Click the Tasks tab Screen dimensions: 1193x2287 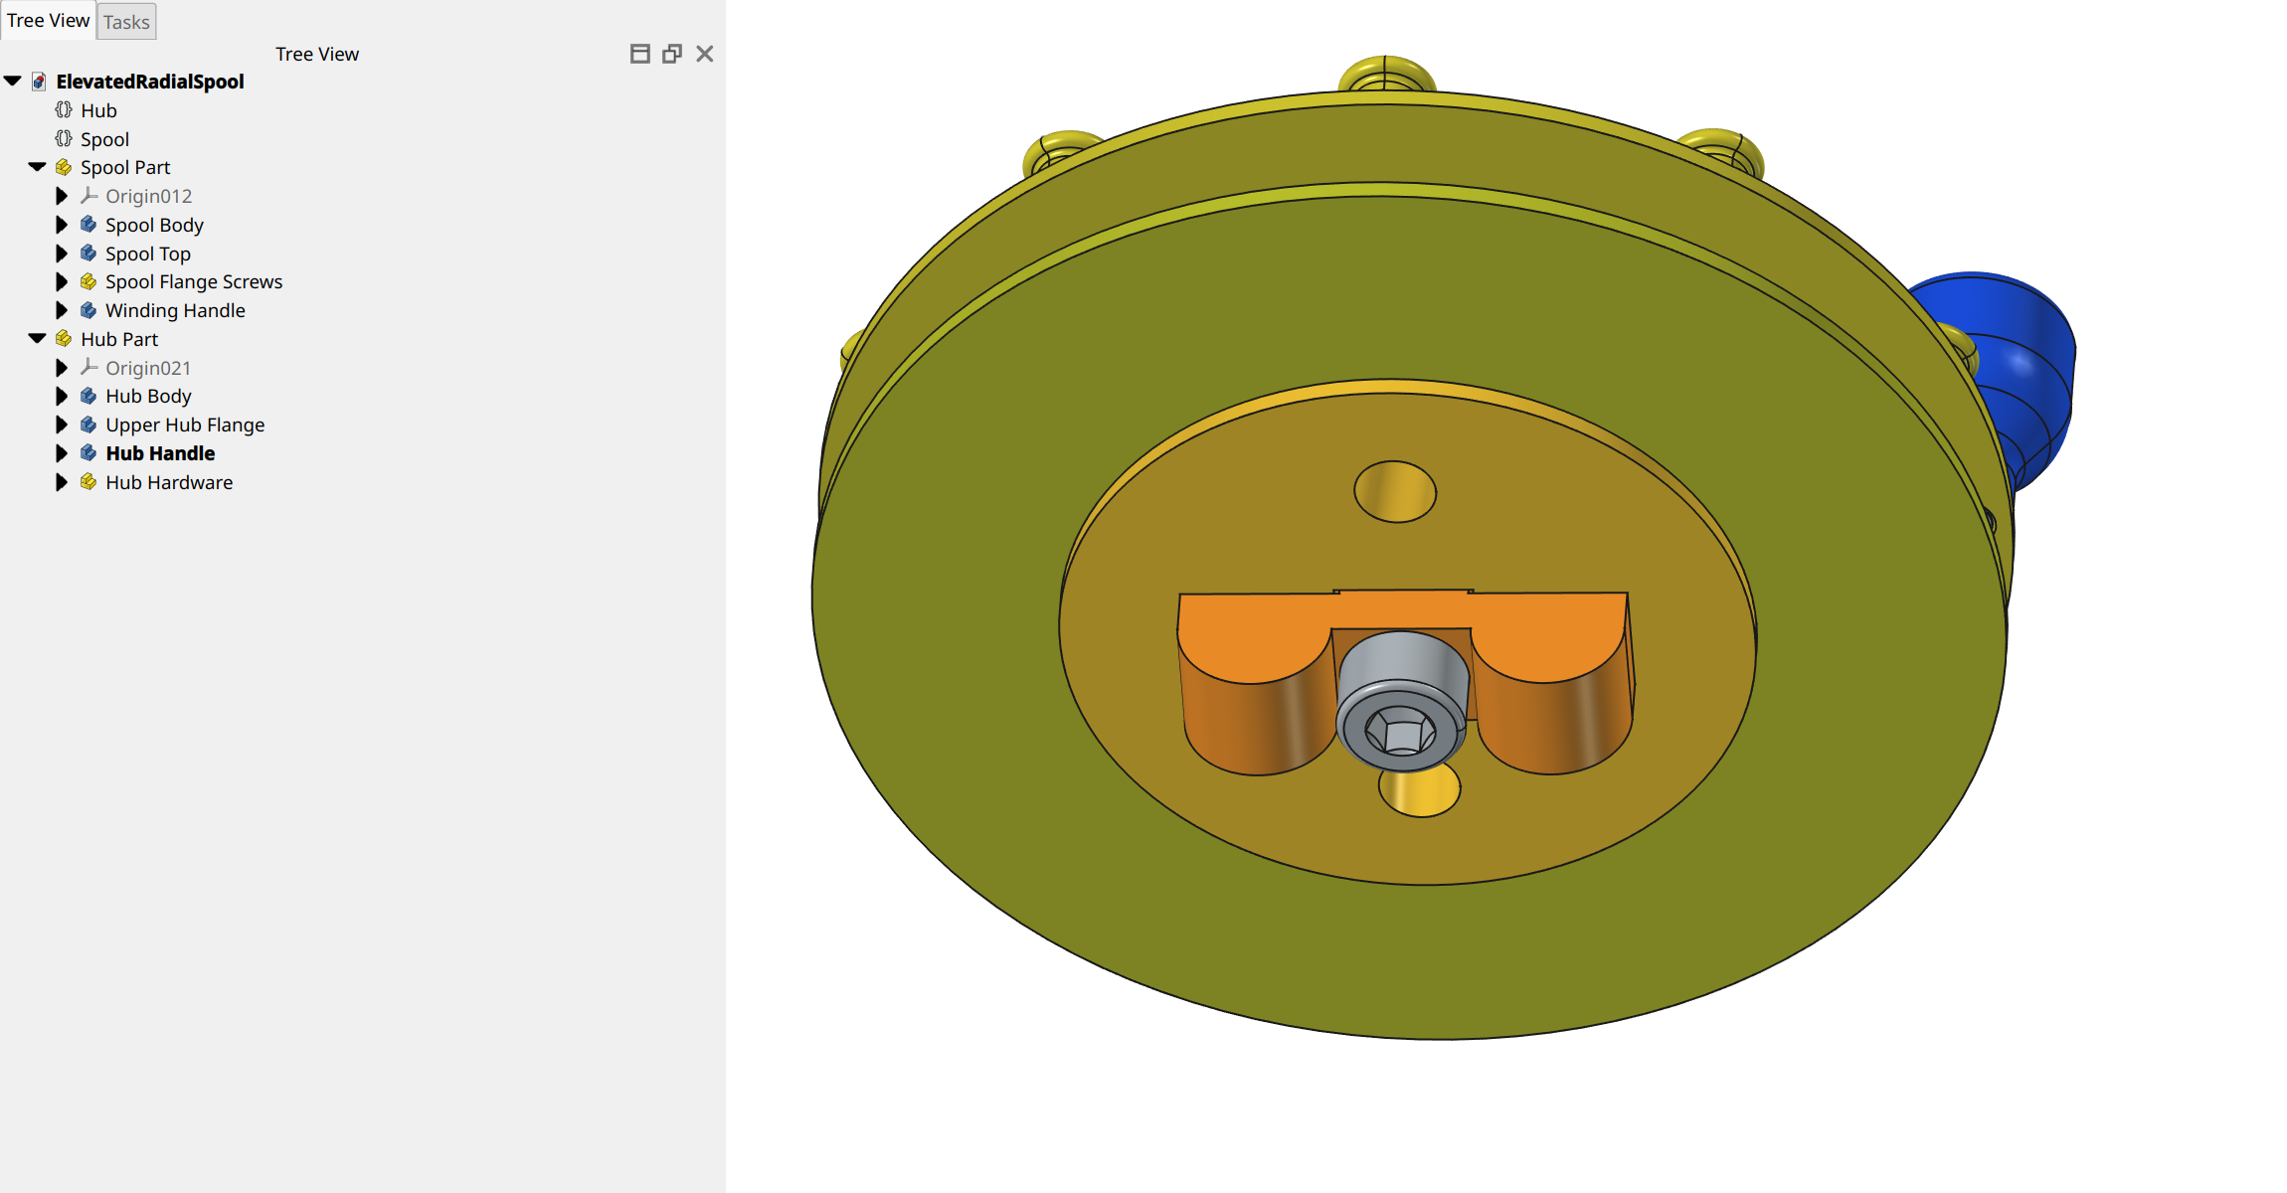tap(126, 22)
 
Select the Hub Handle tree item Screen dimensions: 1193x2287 tap(159, 453)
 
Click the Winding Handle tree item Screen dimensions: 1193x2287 tap(174, 310)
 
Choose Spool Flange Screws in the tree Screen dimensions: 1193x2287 tap(193, 281)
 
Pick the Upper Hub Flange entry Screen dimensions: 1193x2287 tap(184, 425)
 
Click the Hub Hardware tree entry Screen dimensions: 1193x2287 tap(168, 482)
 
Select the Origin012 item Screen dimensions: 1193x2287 tap(147, 196)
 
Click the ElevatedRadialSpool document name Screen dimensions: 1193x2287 tap(149, 82)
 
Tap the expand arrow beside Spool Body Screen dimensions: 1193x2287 tap(62, 225)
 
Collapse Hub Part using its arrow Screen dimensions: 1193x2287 tap(38, 339)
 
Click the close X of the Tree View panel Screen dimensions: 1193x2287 tap(704, 54)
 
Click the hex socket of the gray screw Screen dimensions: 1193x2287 tap(1401, 734)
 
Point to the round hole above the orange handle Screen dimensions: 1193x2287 tap(1395, 491)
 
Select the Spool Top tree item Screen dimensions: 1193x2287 tap(147, 254)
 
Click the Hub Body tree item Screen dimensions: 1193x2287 tap(147, 396)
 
